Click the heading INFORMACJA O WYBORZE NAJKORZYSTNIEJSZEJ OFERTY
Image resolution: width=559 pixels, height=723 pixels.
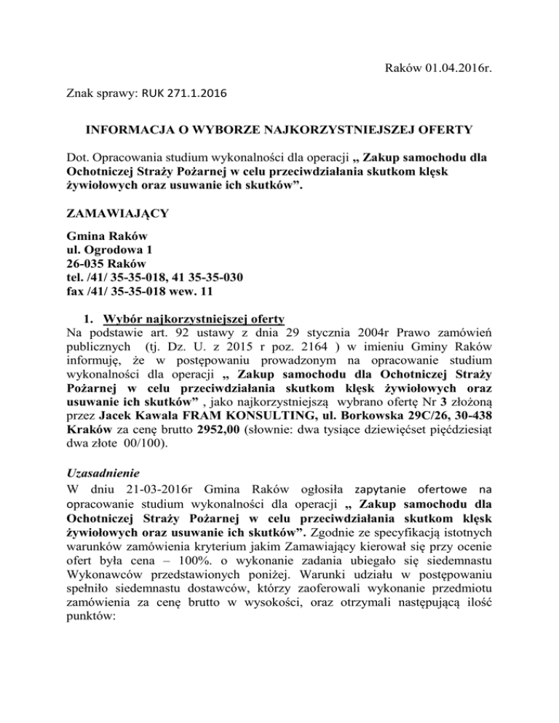280,132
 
